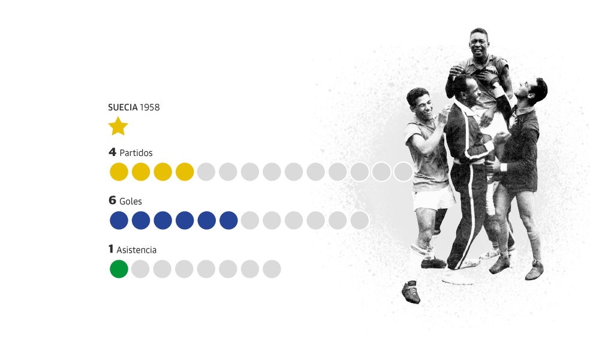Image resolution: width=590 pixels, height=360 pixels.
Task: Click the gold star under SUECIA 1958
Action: point(118,126)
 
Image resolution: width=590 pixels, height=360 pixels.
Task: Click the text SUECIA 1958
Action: point(134,107)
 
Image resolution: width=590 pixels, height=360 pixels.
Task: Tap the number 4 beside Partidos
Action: point(112,152)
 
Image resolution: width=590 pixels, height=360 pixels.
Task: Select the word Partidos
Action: point(136,153)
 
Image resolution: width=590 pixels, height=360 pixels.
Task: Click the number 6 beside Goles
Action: point(112,200)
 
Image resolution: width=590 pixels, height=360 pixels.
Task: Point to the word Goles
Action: point(131,201)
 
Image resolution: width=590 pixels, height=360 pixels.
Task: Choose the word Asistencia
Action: point(137,249)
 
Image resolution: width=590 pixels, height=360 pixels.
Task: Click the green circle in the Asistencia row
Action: point(119,269)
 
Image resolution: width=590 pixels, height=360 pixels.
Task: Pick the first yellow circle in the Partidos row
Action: point(119,172)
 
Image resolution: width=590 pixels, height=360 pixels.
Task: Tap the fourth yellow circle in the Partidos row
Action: point(185,172)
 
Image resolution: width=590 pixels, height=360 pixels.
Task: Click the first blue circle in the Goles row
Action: point(119,220)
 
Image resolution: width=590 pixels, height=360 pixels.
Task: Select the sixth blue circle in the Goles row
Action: point(228,220)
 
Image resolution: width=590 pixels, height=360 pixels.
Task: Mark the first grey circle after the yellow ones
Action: point(206,172)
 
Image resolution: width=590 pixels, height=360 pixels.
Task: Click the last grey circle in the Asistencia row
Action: point(272,269)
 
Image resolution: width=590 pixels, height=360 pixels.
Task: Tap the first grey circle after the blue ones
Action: point(250,220)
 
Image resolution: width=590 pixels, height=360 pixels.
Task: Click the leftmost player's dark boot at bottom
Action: point(411,292)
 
